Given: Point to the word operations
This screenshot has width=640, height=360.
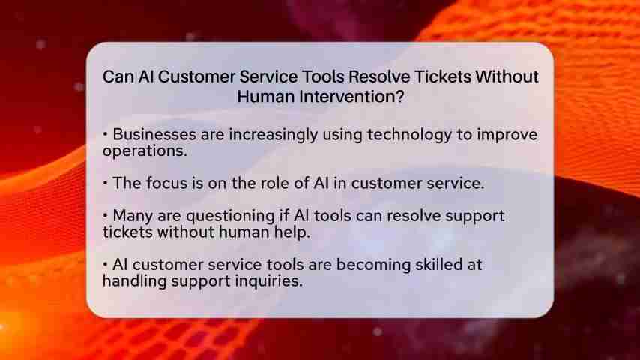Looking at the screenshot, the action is click(x=145, y=151).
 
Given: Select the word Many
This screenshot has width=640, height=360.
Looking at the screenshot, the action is click(x=133, y=216).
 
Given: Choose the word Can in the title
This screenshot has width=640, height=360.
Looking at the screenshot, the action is click(x=118, y=76).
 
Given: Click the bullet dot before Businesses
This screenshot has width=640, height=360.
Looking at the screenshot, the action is click(x=106, y=134).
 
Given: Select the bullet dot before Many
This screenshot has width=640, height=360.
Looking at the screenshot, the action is click(x=106, y=215).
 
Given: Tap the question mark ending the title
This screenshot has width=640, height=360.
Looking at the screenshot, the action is click(x=399, y=97).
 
